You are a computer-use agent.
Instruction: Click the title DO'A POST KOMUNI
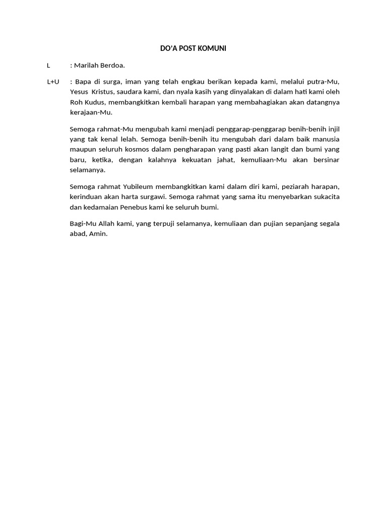pyautogui.click(x=193, y=48)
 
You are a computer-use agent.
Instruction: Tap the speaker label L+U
pyautogui.click(x=53, y=82)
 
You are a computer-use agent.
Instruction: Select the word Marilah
pyautogui.click(x=87, y=65)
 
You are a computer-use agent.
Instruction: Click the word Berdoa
pyautogui.click(x=113, y=65)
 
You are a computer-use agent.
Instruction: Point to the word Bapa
pyautogui.click(x=83, y=82)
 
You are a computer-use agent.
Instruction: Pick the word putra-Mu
pyautogui.click(x=326, y=82)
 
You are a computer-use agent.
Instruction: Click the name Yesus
pyautogui.click(x=79, y=92)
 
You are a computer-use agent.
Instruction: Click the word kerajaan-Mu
pyautogui.click(x=91, y=112)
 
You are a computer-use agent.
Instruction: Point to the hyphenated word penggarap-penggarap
pyautogui.click(x=248, y=129)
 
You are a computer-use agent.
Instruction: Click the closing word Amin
pyautogui.click(x=99, y=234)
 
